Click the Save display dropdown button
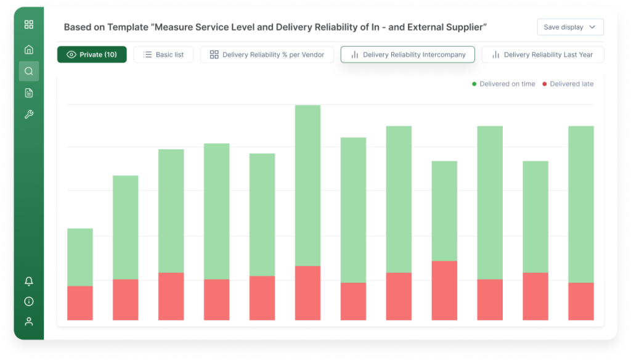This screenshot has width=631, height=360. (570, 27)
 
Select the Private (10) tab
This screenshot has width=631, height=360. (92, 55)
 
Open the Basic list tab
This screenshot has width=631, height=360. (163, 55)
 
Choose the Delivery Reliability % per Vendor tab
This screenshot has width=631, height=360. (267, 55)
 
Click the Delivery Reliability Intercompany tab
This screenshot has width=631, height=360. (407, 55)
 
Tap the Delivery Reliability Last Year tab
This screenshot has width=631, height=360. (542, 55)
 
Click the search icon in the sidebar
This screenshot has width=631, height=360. (29, 71)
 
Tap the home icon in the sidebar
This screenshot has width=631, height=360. (29, 49)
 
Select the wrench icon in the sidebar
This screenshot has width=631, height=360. (29, 115)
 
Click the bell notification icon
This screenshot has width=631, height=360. (29, 281)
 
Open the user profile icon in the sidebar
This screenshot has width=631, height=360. (29, 321)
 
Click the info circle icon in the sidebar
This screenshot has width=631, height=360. (29, 301)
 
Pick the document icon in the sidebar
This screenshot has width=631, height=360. (29, 93)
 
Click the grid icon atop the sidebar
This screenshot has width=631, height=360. (29, 25)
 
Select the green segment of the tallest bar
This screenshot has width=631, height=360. (307, 185)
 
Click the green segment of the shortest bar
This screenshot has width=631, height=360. (79, 257)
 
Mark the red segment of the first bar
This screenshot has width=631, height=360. (79, 303)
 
